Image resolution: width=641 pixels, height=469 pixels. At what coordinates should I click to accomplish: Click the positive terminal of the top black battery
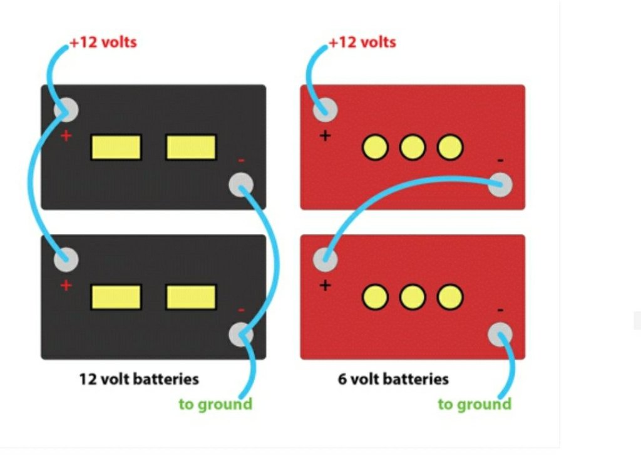(x=66, y=111)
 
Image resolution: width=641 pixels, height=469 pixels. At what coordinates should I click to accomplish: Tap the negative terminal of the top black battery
(x=241, y=185)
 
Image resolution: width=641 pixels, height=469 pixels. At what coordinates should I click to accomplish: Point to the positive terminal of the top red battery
(x=325, y=111)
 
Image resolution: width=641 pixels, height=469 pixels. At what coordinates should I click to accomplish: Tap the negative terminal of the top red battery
(x=500, y=185)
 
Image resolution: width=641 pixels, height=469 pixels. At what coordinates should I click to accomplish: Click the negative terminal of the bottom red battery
(x=500, y=335)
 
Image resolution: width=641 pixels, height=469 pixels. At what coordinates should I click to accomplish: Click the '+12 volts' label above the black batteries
(x=103, y=43)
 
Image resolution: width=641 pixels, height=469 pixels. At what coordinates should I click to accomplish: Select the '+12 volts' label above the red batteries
(x=362, y=43)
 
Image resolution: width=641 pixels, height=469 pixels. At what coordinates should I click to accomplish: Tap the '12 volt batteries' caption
(x=138, y=379)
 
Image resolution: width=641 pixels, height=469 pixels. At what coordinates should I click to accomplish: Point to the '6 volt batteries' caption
(x=393, y=379)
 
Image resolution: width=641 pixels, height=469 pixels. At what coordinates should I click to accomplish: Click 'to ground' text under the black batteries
(x=215, y=404)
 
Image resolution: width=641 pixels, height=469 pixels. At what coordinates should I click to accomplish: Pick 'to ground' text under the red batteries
(x=474, y=404)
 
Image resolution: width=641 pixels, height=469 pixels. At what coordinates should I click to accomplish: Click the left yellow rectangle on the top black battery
(x=116, y=148)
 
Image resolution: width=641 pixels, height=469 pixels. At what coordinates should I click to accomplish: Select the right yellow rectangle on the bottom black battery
(x=191, y=297)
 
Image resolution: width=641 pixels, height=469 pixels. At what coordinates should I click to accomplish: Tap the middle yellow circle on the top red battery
(x=413, y=148)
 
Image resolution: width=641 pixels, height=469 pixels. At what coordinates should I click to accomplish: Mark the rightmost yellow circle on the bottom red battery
(x=450, y=297)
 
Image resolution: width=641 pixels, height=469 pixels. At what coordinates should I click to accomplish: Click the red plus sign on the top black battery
(x=66, y=136)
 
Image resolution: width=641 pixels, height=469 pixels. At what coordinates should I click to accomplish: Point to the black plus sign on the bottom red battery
(x=325, y=286)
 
